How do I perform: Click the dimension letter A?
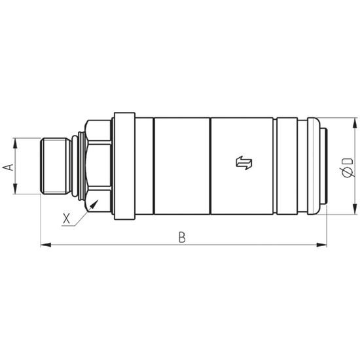8,167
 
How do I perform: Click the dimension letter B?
182,238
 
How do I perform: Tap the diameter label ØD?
347,168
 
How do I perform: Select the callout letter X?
66,219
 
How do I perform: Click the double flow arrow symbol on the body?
244,163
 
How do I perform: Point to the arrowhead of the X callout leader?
94,204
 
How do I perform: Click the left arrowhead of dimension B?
46,245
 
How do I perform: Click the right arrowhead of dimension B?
321,245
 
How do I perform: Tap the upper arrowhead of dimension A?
15,143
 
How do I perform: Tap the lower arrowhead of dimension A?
15,189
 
